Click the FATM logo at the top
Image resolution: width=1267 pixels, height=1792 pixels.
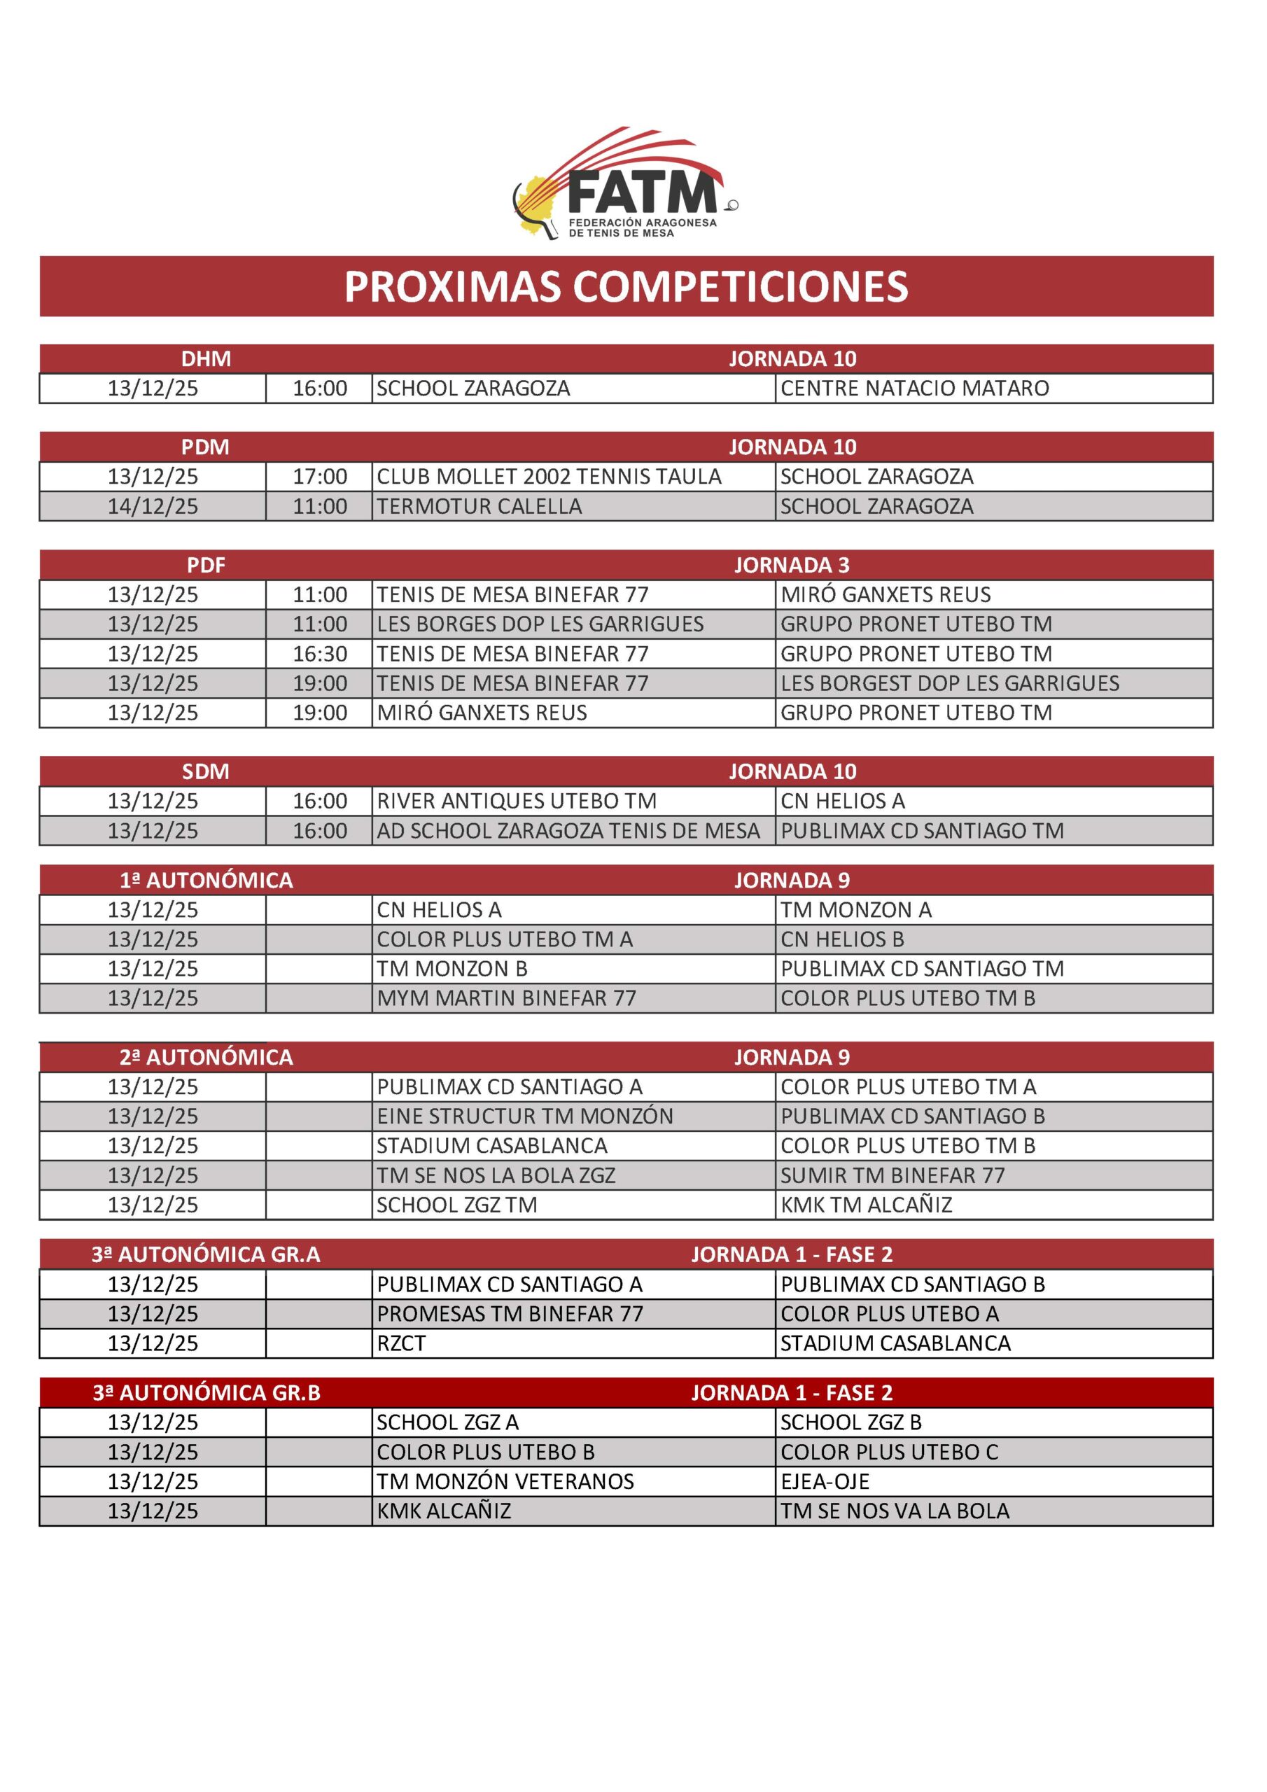(x=624, y=184)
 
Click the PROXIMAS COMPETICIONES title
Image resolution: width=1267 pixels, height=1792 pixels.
(x=626, y=286)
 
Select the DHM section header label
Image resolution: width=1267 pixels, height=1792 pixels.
(x=206, y=359)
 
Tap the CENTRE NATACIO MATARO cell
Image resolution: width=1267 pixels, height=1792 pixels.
(x=914, y=388)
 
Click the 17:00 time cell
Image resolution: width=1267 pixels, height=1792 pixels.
(x=319, y=477)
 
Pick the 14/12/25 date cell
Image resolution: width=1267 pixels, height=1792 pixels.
(x=153, y=507)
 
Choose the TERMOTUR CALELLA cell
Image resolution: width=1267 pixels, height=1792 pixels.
(x=479, y=507)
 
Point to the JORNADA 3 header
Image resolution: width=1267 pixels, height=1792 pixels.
(x=792, y=565)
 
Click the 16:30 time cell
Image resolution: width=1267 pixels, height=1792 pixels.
(x=319, y=654)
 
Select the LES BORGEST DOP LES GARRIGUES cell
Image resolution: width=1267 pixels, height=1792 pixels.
(x=949, y=684)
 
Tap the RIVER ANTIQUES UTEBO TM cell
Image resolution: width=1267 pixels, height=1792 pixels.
(x=516, y=801)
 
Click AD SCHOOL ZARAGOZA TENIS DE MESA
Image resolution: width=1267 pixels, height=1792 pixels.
(x=568, y=831)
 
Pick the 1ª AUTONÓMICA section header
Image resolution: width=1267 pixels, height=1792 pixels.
(x=206, y=881)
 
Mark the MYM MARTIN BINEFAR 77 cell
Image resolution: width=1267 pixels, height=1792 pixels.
(x=506, y=998)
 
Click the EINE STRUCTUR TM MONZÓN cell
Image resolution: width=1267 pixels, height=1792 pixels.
(x=524, y=1117)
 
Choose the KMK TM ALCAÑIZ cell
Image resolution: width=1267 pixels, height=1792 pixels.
(x=866, y=1205)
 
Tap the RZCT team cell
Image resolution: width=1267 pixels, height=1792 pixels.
(x=401, y=1343)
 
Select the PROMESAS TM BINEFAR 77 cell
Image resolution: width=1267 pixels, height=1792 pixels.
(x=510, y=1315)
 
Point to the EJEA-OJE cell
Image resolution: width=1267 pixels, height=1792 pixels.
(x=825, y=1481)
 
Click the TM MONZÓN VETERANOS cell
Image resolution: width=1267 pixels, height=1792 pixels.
(x=505, y=1481)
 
